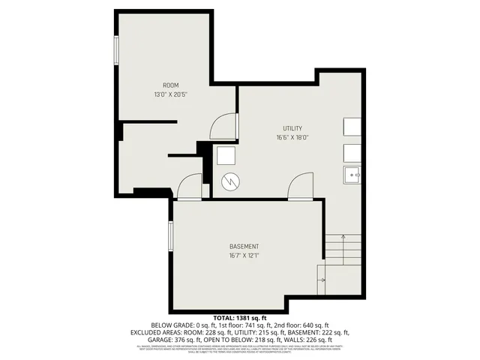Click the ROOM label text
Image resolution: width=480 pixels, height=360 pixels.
click(x=171, y=85)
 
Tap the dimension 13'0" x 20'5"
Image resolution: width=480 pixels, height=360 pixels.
click(x=171, y=94)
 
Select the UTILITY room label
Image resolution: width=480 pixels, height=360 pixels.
click(x=292, y=128)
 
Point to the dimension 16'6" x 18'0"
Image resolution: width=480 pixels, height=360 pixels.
click(x=292, y=138)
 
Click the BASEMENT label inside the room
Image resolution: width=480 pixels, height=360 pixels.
click(x=244, y=247)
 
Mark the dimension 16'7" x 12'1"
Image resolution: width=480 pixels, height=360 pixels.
click(x=244, y=256)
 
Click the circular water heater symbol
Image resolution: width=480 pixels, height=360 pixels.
click(x=231, y=182)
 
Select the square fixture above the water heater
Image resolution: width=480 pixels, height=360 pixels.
click(x=226, y=156)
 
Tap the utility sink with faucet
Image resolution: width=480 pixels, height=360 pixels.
click(x=353, y=175)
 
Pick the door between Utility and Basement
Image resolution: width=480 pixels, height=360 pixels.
click(x=301, y=186)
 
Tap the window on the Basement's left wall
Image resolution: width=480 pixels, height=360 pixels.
click(x=171, y=238)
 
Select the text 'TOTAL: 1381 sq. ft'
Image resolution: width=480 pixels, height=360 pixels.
click(x=240, y=318)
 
